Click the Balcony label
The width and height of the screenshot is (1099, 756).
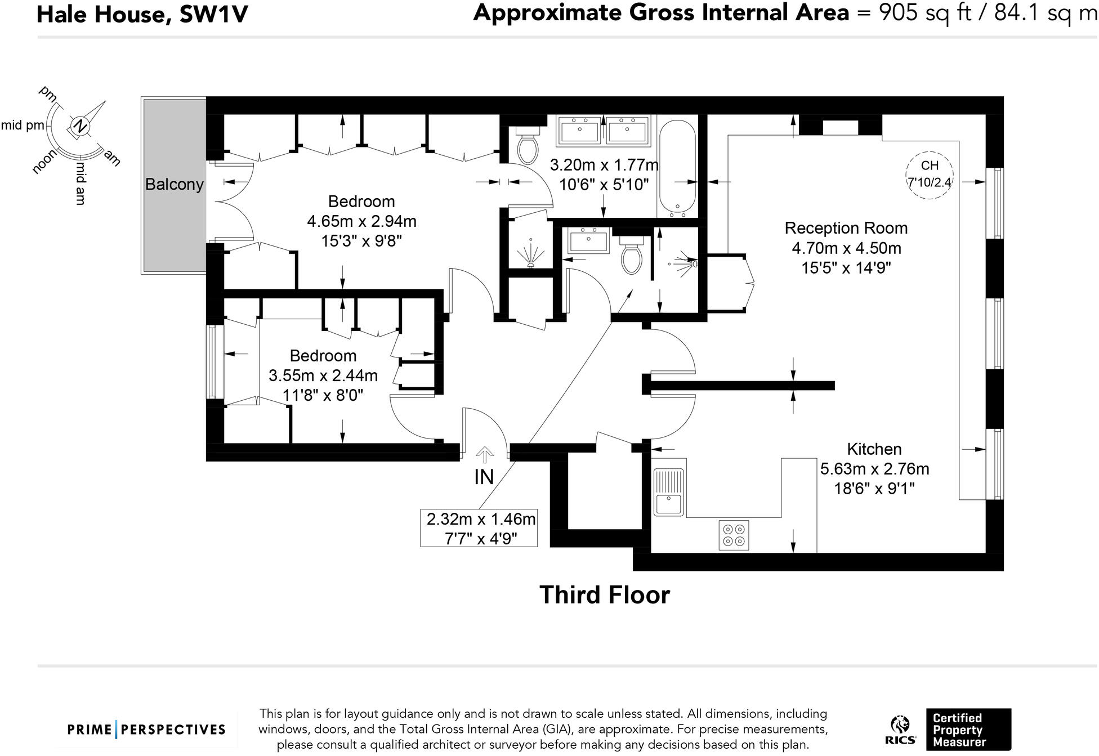point(174,185)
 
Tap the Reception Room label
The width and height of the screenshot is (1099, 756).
point(846,229)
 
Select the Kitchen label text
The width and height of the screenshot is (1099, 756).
point(874,449)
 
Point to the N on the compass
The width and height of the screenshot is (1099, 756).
point(80,126)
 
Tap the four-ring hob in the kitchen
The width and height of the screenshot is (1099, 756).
point(734,535)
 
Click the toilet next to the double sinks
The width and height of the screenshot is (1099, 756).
point(528,145)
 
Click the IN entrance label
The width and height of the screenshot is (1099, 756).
point(484,477)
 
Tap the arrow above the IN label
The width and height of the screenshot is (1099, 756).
point(485,454)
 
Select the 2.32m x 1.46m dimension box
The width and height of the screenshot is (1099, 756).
point(479,528)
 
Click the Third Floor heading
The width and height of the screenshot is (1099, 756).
point(605,595)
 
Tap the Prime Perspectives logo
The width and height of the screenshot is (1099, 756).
point(146,730)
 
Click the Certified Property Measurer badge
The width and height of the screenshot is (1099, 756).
point(968,730)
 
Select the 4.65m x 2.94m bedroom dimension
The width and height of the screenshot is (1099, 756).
point(361,221)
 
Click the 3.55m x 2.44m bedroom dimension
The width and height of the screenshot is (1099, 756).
point(323,375)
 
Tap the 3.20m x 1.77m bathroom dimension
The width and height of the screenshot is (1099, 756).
point(604,165)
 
